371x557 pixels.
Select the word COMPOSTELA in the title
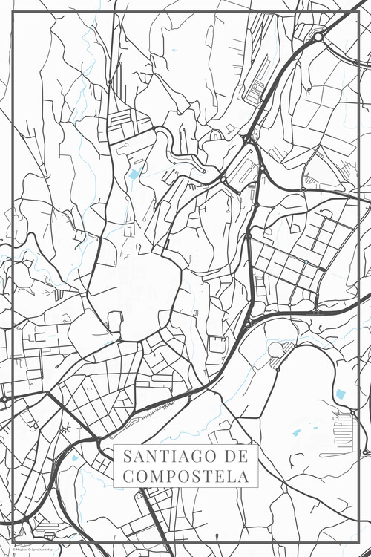(x=185, y=476)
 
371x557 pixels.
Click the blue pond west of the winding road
(x=134, y=175)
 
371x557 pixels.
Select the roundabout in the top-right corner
(x=318, y=36)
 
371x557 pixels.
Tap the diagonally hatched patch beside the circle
(x=276, y=363)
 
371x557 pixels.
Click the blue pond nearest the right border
(x=341, y=394)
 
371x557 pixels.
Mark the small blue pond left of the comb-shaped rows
(x=297, y=432)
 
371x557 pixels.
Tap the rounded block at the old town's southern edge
(x=115, y=322)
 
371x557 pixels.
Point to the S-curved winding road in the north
(x=174, y=145)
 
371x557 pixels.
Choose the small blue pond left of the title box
(x=74, y=458)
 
